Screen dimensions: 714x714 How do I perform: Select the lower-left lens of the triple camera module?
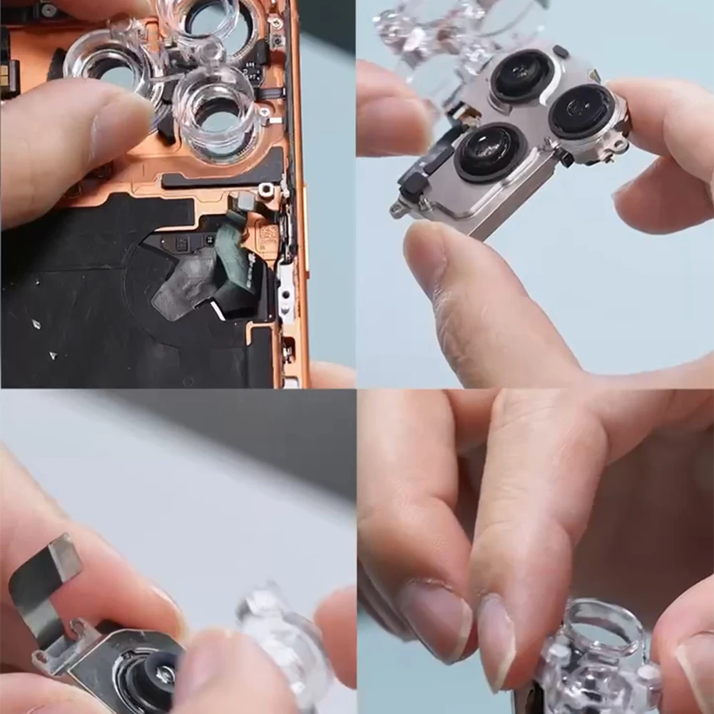coord(490,152)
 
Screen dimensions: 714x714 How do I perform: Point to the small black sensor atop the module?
coord(561,51)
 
